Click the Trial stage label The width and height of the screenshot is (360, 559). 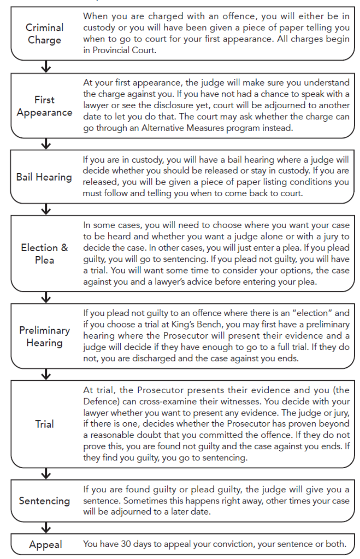[44, 425]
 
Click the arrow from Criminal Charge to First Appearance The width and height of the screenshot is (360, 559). [44, 67]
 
